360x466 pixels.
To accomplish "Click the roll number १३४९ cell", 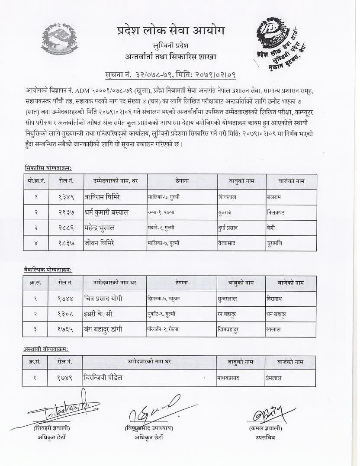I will (x=66, y=197).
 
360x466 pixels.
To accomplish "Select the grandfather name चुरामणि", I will (x=274, y=243).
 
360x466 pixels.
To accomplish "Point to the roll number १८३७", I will (x=66, y=243).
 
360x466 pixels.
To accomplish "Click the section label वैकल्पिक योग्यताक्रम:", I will (x=48, y=270).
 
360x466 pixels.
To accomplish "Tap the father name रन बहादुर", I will (x=228, y=314).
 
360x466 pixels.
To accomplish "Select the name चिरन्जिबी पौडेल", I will (x=103, y=377).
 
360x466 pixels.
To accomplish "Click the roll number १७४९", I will (x=66, y=377).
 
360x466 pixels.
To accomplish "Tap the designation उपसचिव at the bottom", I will (x=265, y=437).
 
